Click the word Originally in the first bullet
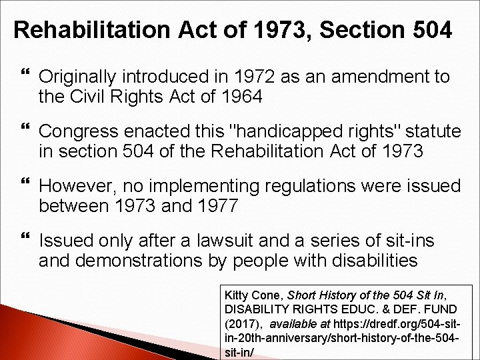(81, 77)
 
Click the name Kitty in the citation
(237, 295)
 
